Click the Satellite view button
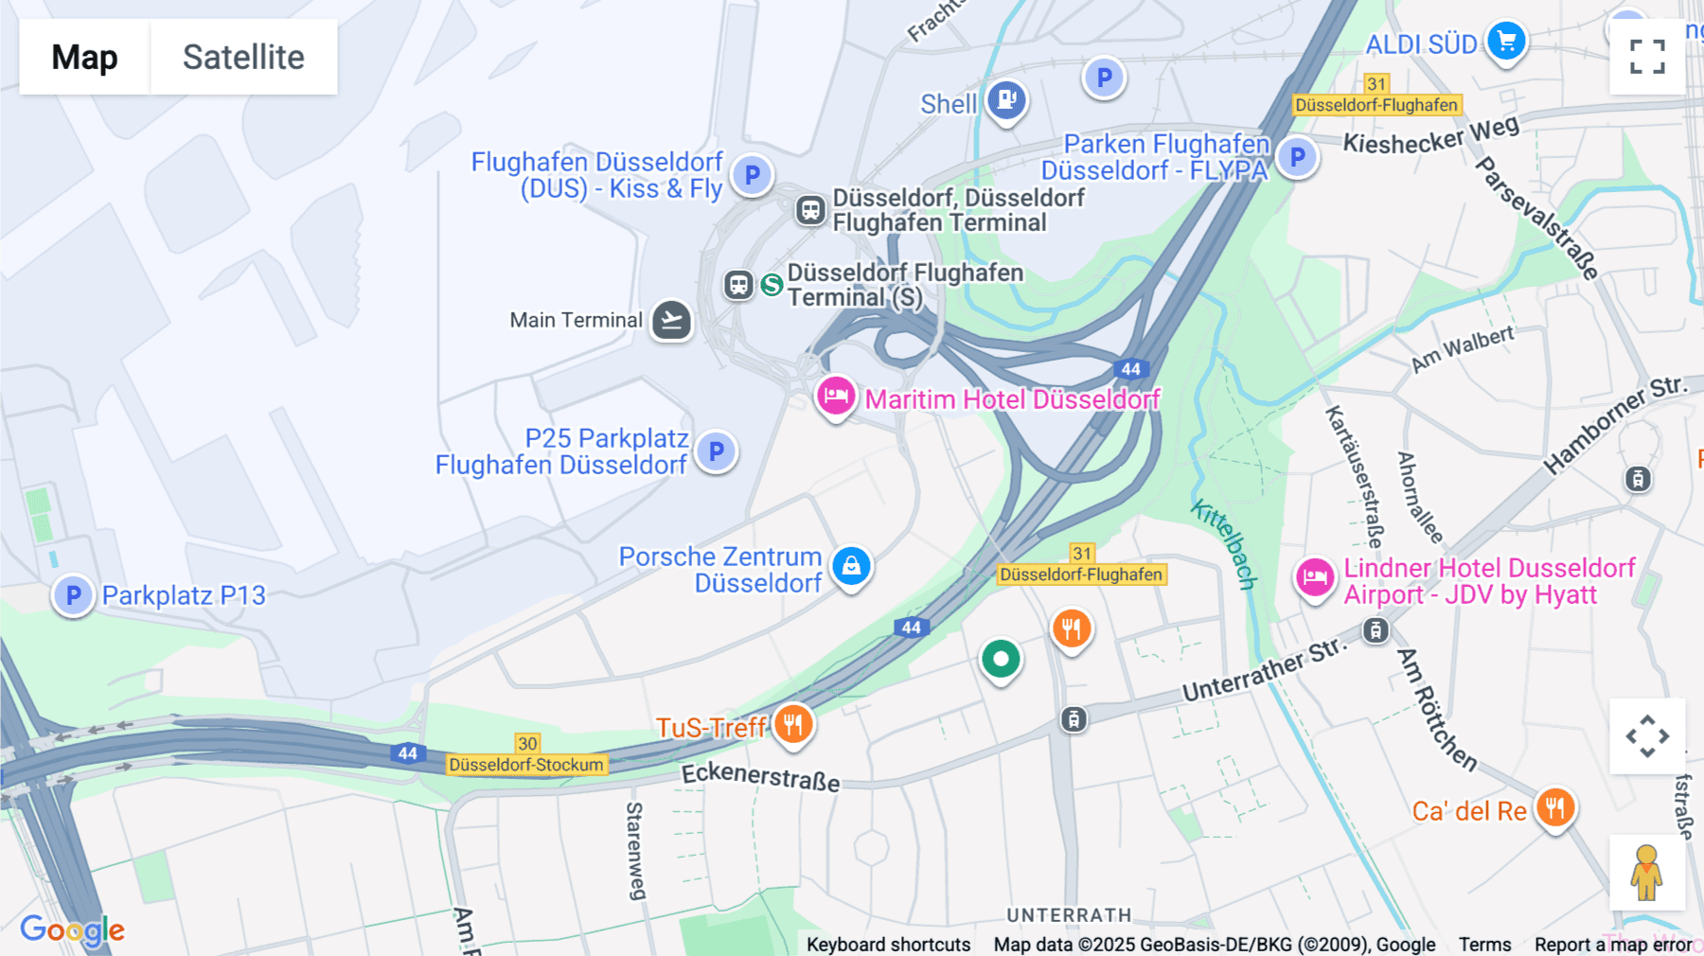point(243,57)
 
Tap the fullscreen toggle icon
point(1647,57)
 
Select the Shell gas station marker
point(1006,98)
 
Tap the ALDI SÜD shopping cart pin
point(1505,41)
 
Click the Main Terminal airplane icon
point(671,320)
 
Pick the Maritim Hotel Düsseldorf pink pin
point(836,396)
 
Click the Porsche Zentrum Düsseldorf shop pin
point(851,566)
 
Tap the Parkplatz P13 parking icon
point(73,595)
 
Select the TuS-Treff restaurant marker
point(793,725)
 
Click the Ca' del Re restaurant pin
point(1555,808)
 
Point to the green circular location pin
point(1001,659)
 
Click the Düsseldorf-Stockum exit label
point(526,765)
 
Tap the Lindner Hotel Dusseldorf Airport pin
point(1315,576)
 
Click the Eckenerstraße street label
point(760,776)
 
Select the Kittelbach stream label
point(1224,543)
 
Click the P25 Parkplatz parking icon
point(716,451)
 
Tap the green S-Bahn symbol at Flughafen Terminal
point(772,284)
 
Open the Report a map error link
point(1613,944)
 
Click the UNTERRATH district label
point(1069,915)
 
